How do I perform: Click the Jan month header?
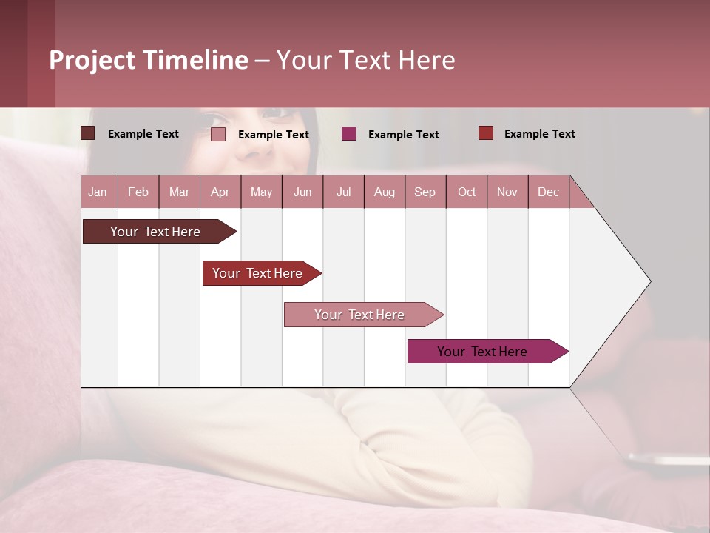coord(98,192)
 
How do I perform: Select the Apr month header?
coord(220,192)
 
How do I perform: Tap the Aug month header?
coord(384,192)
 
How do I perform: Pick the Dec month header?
coord(548,192)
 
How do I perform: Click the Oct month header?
coord(466,192)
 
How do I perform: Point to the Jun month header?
coord(302,192)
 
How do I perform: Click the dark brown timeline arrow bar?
coord(155,232)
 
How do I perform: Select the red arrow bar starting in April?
coord(257,273)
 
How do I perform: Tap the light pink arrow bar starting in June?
coord(359,315)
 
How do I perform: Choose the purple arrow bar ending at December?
coord(482,352)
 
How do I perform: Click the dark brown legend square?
coord(87,133)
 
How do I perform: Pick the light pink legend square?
coord(217,134)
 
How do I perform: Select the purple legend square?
coord(349,133)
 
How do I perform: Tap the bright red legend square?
coord(485,133)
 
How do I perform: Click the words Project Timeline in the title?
coord(148,60)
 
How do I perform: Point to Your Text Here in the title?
coord(365,60)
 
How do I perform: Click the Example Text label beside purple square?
coord(403,135)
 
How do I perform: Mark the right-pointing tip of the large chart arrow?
coord(649,281)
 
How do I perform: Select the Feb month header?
coord(138,192)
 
